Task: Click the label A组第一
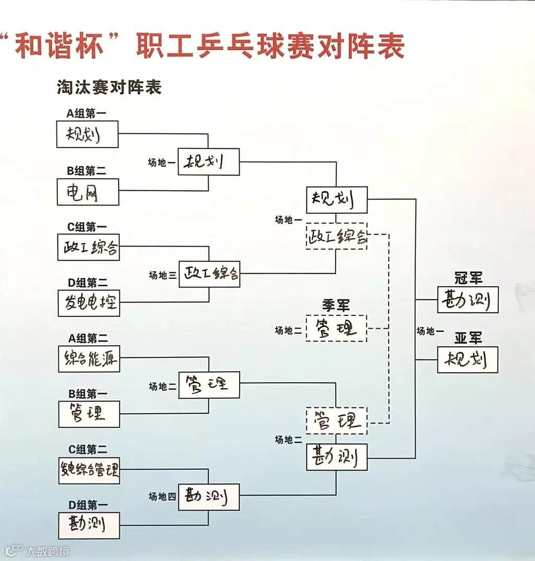tap(88, 113)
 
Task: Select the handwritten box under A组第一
tap(88, 134)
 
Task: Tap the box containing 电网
tap(88, 192)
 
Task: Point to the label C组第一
tap(88, 227)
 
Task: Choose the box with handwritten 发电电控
tap(89, 303)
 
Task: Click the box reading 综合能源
tap(89, 359)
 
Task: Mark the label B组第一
tap(88, 394)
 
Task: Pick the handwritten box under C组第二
tap(89, 470)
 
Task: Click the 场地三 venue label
tap(162, 275)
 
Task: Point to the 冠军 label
tap(468, 278)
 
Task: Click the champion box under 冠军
tap(468, 300)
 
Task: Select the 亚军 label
tap(468, 338)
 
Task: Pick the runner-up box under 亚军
tap(468, 359)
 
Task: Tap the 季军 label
tap(336, 305)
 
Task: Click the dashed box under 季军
tap(336, 328)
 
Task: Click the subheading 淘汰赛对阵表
tap(109, 87)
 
